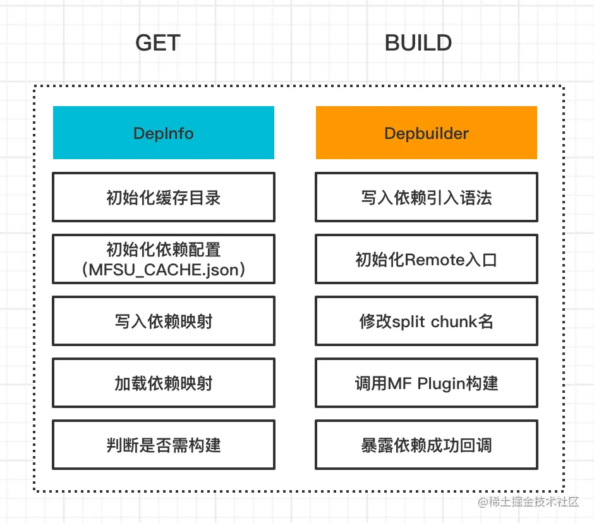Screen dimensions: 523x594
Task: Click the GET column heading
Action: (158, 44)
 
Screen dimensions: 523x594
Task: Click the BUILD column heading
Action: (418, 44)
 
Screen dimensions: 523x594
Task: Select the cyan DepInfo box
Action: (164, 133)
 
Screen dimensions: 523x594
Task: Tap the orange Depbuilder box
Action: (427, 133)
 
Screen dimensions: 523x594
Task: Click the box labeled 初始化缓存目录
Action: (164, 197)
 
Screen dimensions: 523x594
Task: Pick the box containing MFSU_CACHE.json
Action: (164, 259)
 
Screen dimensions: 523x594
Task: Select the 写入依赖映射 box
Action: (164, 321)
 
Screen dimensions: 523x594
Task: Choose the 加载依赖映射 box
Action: (164, 383)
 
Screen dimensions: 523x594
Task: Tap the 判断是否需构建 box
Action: (164, 445)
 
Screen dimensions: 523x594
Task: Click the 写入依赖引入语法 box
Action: (427, 197)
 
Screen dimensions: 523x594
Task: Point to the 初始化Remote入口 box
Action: (427, 259)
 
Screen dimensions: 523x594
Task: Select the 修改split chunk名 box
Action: (427, 321)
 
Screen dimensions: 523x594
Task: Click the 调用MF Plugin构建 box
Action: (427, 383)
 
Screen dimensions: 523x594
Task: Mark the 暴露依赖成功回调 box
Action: (427, 445)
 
